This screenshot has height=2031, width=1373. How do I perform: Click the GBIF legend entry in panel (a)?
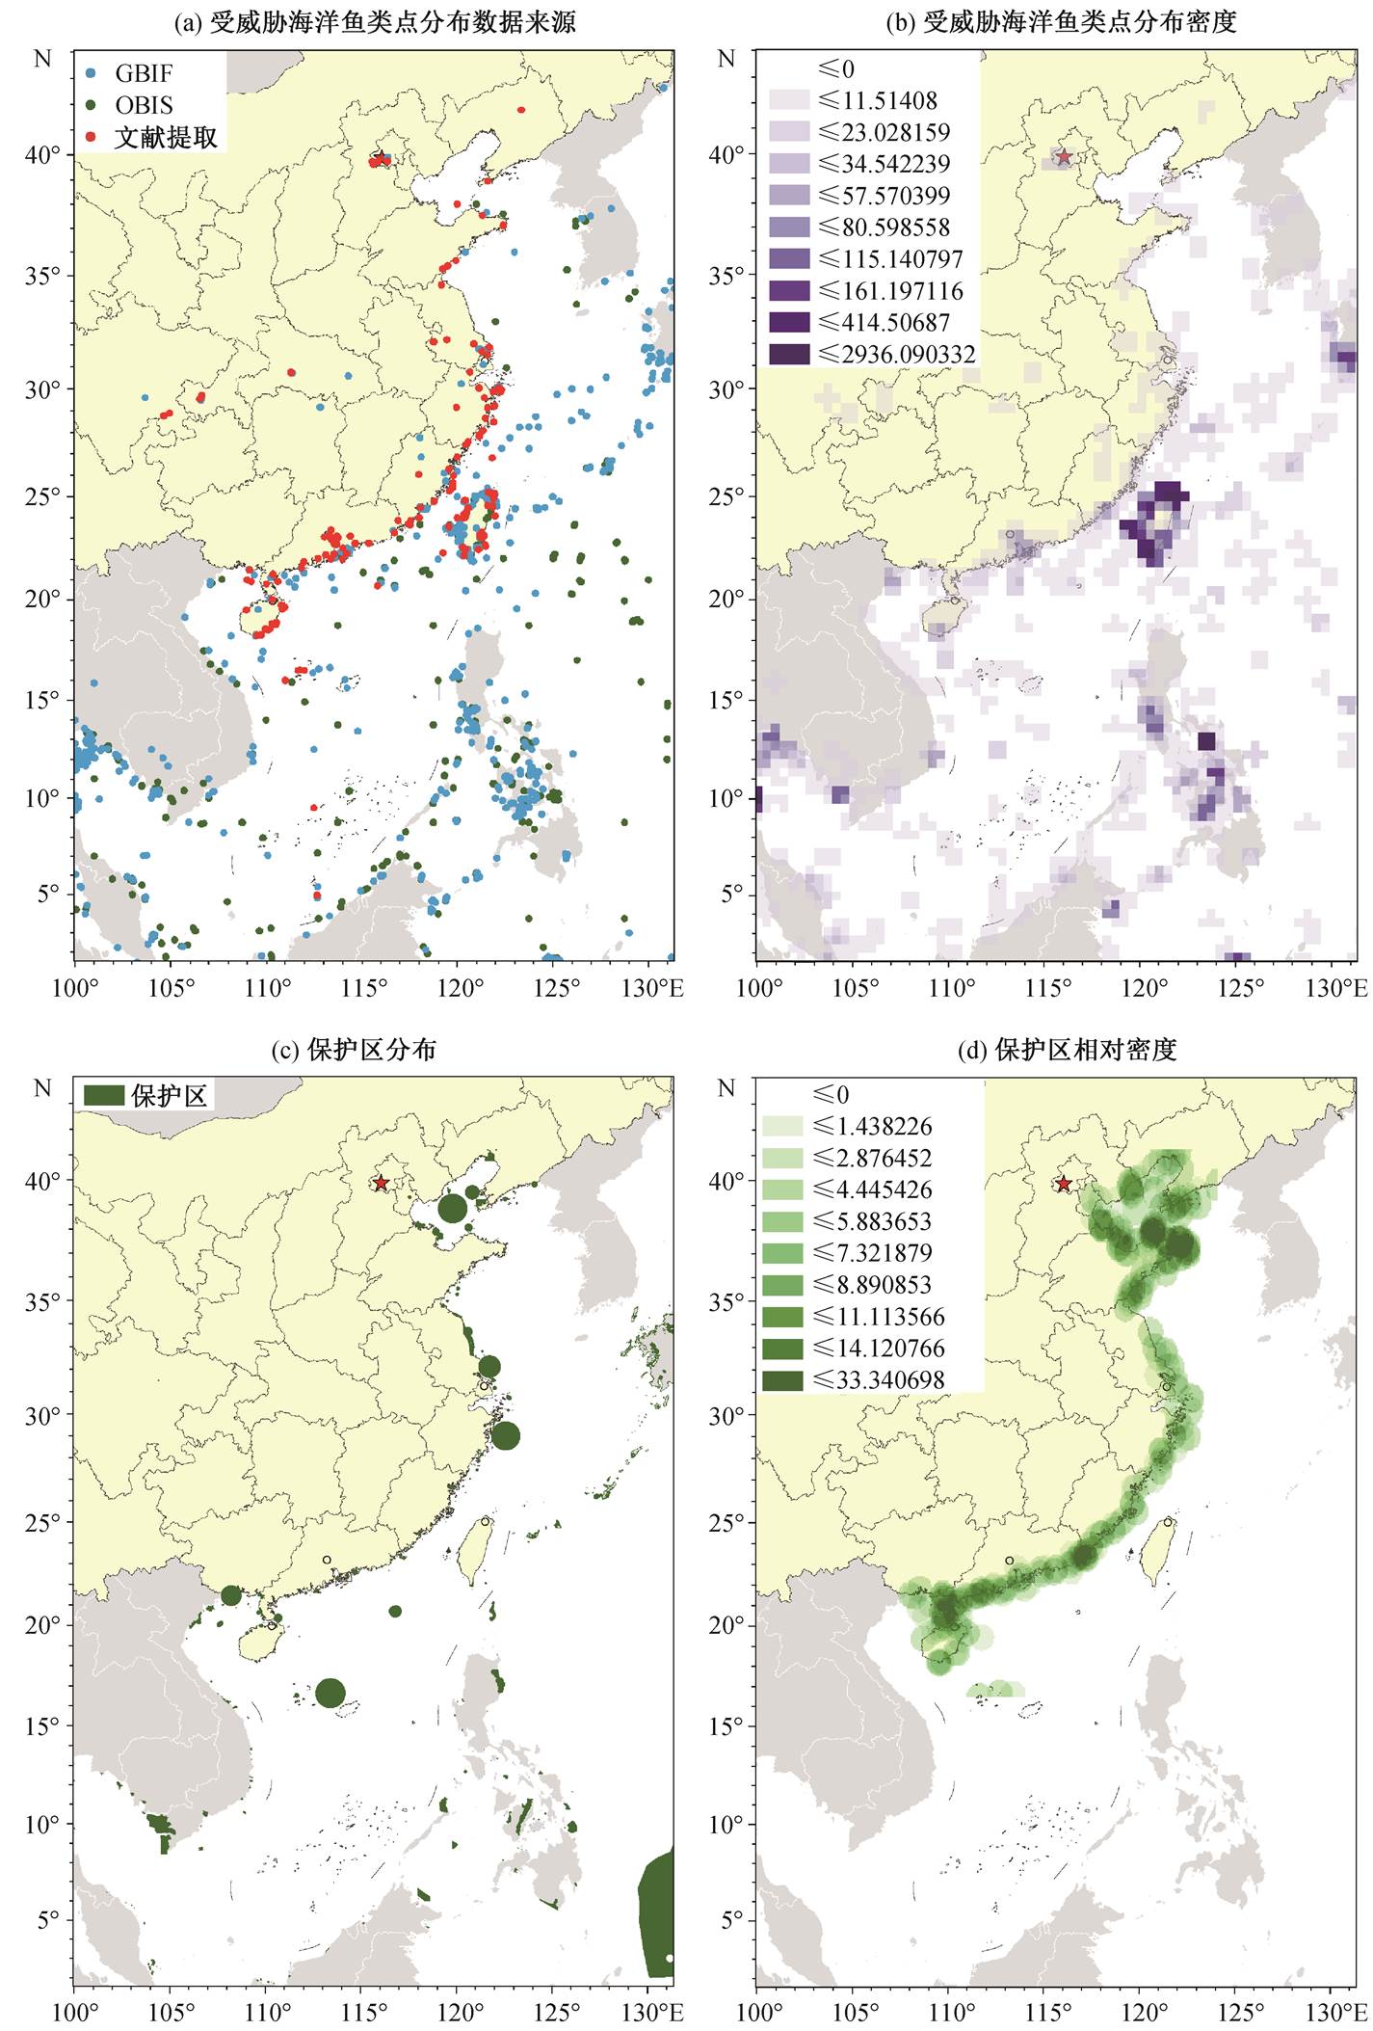(x=129, y=73)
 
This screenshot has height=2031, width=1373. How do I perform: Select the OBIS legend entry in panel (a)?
(x=129, y=105)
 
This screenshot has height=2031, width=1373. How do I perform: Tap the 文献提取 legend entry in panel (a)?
(x=151, y=138)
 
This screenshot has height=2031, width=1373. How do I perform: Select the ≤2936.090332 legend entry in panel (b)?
(x=873, y=354)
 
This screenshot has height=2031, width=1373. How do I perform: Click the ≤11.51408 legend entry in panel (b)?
(x=854, y=100)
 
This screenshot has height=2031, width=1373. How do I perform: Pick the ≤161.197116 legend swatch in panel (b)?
(x=789, y=290)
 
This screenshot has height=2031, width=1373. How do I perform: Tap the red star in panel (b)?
(x=1063, y=156)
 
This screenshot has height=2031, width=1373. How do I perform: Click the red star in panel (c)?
(x=382, y=1183)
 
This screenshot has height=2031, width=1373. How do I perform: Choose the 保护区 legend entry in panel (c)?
(x=145, y=1095)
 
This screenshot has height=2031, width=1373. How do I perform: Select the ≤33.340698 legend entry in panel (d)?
(x=854, y=1379)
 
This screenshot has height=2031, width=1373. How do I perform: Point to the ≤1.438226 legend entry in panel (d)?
(x=848, y=1126)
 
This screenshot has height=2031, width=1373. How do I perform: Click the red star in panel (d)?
(x=1063, y=1184)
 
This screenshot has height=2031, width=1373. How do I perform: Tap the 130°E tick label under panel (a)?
(x=655, y=988)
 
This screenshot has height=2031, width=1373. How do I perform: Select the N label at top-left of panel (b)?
(x=726, y=59)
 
